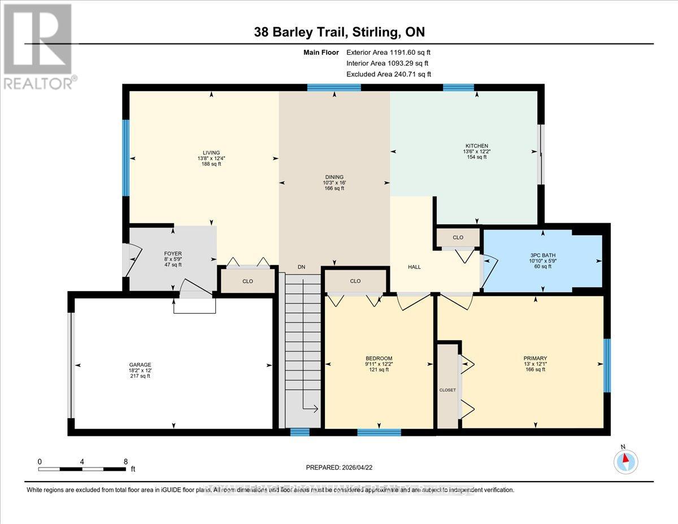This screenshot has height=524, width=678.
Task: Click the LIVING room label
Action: point(211,151)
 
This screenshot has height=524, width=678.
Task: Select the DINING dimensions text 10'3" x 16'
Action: point(334,183)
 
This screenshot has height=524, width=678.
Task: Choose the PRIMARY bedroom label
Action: point(534,358)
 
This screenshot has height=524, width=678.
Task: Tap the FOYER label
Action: point(172,254)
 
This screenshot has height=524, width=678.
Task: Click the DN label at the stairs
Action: point(301,267)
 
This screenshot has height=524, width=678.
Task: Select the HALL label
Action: point(415,267)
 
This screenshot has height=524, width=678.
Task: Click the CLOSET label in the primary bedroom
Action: point(447,390)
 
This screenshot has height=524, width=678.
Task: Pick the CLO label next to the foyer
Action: point(247,281)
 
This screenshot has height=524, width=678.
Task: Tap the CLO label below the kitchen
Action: point(458,237)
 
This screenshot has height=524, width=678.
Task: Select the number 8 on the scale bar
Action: point(125,461)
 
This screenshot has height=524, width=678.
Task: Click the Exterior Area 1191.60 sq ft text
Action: point(388,53)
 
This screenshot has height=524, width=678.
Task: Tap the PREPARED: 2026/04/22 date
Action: point(339,467)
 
